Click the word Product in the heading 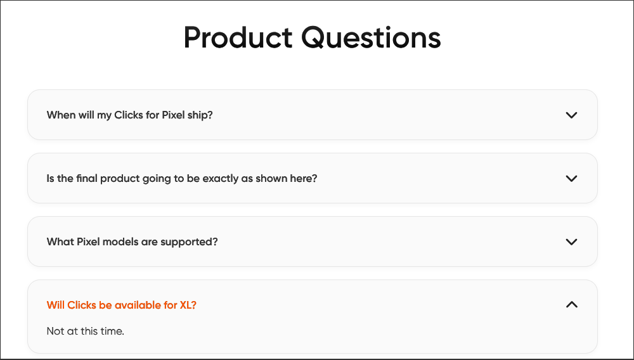click(x=238, y=37)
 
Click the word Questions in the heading click(x=371, y=37)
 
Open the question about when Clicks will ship click(x=129, y=115)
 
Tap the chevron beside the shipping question click(x=571, y=115)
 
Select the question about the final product click(x=182, y=178)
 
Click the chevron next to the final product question click(x=571, y=179)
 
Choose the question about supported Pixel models click(x=133, y=241)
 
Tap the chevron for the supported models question click(x=571, y=242)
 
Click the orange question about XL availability click(x=122, y=305)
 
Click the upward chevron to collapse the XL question click(x=571, y=305)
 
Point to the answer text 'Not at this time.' click(x=86, y=331)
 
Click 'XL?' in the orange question click(x=188, y=305)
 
